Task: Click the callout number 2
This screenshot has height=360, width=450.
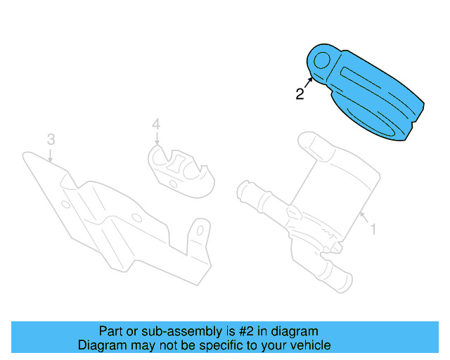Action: [x=300, y=94]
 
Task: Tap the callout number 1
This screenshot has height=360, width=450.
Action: [x=373, y=229]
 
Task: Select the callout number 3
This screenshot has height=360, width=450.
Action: [x=51, y=139]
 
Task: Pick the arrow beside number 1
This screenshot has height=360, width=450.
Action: [x=364, y=218]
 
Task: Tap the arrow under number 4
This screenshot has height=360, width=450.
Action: [x=157, y=141]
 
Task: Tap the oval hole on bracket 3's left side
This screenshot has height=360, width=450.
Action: [x=65, y=205]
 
